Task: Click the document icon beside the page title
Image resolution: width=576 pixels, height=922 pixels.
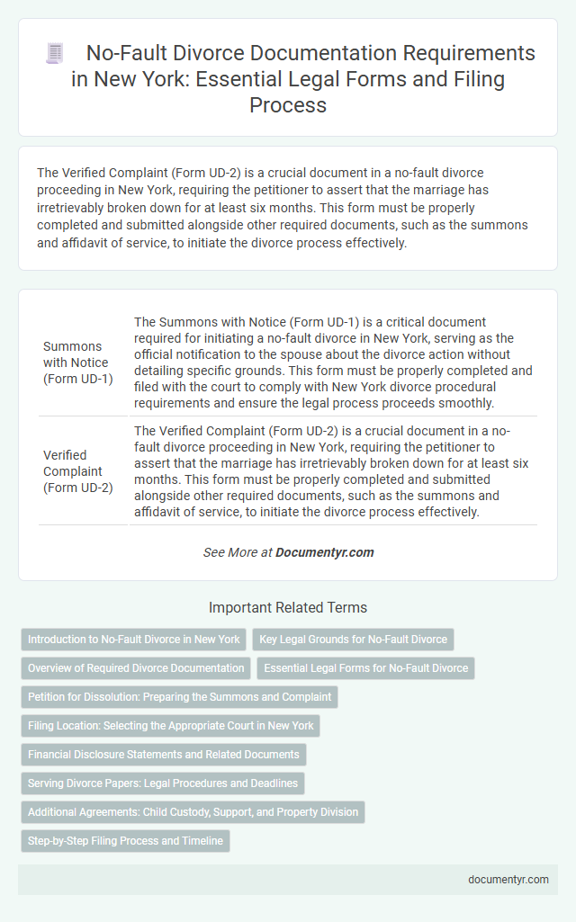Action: [55, 54]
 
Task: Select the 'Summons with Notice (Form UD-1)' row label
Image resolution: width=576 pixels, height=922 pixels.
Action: [77, 363]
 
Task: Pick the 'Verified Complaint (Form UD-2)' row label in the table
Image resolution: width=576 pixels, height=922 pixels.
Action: [77, 470]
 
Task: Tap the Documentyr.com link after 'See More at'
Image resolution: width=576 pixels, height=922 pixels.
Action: [326, 552]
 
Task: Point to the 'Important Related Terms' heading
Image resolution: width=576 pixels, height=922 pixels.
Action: [288, 607]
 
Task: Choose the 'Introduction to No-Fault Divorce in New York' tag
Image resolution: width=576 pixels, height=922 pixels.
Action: [134, 640]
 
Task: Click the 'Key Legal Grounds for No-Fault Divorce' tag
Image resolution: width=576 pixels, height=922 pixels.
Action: [353, 640]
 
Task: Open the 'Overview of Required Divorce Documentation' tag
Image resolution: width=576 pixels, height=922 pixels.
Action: [136, 668]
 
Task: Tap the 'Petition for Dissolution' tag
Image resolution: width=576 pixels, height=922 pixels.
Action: [180, 697]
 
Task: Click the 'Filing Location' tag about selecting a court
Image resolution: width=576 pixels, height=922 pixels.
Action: [170, 726]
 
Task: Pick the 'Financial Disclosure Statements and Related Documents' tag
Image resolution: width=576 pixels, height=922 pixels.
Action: [164, 755]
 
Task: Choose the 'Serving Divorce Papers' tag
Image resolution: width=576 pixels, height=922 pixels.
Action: [163, 783]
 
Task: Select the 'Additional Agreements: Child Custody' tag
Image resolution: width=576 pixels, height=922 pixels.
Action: [193, 812]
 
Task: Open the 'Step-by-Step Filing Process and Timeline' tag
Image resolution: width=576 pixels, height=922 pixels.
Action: [125, 841]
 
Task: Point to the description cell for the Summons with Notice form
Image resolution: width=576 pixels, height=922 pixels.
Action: [334, 363]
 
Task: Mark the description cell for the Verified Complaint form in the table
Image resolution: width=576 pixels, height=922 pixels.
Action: [334, 470]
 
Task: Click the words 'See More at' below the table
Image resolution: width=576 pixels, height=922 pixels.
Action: [237, 552]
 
